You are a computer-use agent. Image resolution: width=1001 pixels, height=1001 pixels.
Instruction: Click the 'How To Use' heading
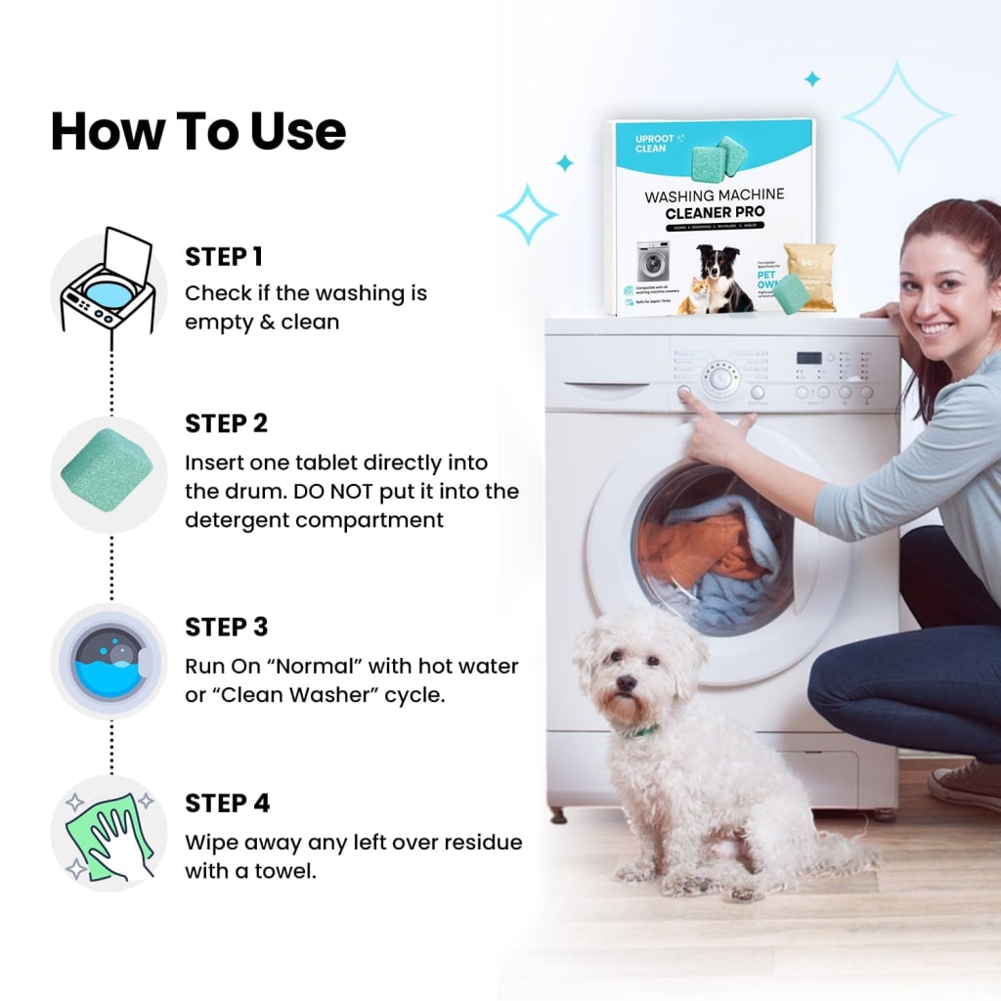click(197, 131)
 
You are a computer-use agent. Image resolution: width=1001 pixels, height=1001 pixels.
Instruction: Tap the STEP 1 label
click(224, 257)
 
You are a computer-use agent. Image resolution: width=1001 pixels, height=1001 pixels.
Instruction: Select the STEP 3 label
click(226, 627)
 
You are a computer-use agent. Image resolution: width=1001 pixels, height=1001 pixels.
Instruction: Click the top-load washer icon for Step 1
click(108, 283)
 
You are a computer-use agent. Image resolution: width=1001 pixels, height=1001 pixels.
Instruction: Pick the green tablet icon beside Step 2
click(108, 474)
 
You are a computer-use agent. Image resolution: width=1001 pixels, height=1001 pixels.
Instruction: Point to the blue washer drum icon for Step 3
click(108, 662)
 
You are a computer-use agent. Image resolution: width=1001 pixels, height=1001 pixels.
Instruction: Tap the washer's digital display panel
click(808, 358)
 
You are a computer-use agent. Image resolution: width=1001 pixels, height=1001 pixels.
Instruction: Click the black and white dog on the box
click(721, 276)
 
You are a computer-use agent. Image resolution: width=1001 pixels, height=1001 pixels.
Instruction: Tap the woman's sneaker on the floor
click(963, 783)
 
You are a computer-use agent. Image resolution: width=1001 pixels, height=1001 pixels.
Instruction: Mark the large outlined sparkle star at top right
click(896, 115)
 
